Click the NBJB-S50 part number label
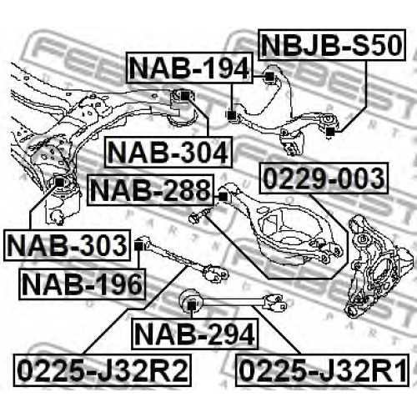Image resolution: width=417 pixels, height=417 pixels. pos(332,45)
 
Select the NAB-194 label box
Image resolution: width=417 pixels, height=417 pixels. pos(189,68)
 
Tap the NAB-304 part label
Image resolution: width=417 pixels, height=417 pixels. pos(168,152)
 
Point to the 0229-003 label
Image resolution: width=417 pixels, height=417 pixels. pos(324,178)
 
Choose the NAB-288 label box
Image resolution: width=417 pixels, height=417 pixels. pos(150,190)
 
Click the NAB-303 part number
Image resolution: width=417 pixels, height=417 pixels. pos(67,245)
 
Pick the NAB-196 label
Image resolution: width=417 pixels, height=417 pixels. pos(83,284)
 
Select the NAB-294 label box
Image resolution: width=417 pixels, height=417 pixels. pos(194,334)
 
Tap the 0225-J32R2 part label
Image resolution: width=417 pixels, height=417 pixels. pos(103,370)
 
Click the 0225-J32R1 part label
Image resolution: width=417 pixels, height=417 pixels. pos(323,370)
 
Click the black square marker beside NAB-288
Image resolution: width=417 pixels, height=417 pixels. pos(223,197)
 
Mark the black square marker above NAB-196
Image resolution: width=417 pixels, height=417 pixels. pos(138,246)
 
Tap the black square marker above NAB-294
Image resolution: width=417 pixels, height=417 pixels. pos(191,305)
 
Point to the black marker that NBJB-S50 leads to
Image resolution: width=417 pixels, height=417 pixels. pos(330,132)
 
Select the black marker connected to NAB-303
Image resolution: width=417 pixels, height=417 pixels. pos(60,183)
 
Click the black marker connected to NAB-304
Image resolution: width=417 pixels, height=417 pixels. pos(185,96)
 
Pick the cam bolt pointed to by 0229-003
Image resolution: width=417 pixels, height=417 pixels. pos(199,216)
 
